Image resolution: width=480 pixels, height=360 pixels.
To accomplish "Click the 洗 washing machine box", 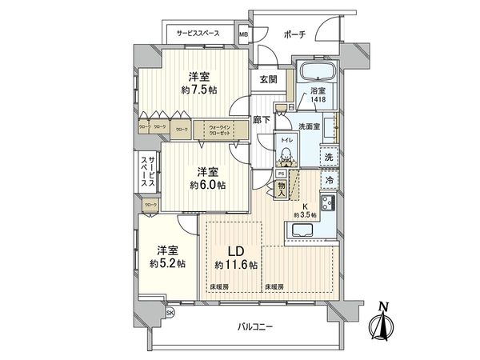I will point(328,158).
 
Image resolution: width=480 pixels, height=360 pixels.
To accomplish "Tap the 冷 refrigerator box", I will point(329,181).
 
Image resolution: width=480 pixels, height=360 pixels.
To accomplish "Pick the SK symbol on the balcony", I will point(168,313).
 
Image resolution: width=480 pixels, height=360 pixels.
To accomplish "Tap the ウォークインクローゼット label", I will point(219,130).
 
